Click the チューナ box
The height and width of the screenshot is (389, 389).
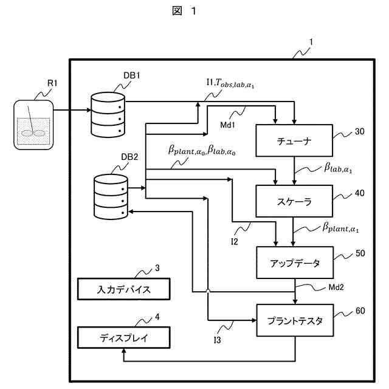295,142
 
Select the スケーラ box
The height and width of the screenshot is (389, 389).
295,202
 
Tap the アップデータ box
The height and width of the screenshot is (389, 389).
295,262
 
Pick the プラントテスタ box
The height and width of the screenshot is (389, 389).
295,320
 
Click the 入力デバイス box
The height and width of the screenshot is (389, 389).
124,289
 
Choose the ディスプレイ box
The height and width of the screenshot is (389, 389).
124,336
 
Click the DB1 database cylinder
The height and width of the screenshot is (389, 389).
108,114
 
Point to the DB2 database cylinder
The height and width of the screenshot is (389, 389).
111,196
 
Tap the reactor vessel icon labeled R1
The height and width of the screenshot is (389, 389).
32,124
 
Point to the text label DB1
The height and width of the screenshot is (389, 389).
133,75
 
